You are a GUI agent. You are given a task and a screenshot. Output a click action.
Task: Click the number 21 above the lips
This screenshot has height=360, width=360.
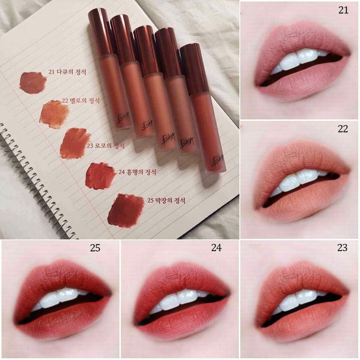click(x=343, y=10)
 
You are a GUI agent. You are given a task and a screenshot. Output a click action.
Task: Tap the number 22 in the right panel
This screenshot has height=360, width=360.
click(x=343, y=129)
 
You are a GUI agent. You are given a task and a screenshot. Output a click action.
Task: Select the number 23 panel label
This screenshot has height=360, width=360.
click(x=342, y=247)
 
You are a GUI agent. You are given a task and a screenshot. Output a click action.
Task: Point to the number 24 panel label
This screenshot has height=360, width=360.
click(x=216, y=248)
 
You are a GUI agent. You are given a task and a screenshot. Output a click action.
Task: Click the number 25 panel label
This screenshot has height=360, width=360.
click(x=95, y=248)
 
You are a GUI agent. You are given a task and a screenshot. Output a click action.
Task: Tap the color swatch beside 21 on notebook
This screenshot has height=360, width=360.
click(x=33, y=83)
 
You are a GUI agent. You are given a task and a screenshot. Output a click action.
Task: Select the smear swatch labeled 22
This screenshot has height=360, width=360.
click(x=54, y=114)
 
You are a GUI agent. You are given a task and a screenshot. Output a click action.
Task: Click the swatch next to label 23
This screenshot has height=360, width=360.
click(x=74, y=143)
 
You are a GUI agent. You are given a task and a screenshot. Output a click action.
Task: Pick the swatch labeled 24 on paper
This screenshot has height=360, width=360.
click(x=100, y=176)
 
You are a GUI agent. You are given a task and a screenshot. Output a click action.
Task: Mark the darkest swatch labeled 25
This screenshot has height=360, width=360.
click(x=125, y=210)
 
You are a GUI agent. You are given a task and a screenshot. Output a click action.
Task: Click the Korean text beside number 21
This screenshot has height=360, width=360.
click(x=72, y=72)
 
